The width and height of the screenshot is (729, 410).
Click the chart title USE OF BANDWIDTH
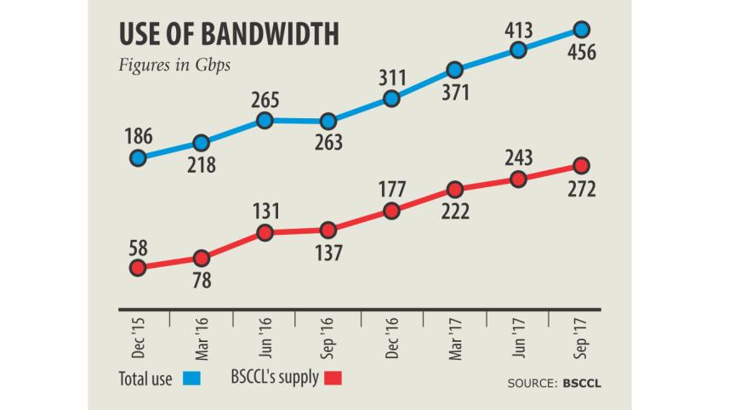[228, 34]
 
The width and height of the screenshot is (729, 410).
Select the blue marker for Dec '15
[138, 157]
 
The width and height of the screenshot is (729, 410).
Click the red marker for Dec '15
[138, 268]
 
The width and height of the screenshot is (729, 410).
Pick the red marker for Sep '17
[582, 165]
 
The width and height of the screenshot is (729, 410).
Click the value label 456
[582, 54]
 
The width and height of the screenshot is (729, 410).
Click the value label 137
[328, 253]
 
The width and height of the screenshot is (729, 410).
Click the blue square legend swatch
[191, 375]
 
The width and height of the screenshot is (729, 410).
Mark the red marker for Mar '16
[202, 258]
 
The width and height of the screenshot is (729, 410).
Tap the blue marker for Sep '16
[328, 122]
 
